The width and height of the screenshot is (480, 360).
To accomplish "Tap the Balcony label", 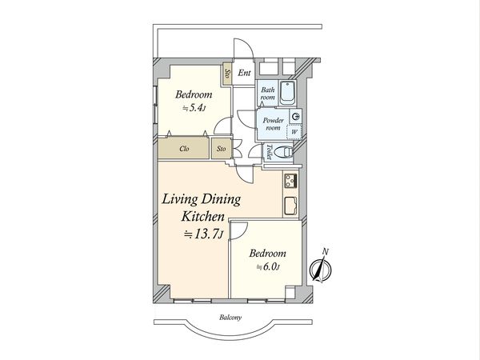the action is tap(230, 318).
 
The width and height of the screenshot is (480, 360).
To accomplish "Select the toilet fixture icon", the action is tap(283, 152).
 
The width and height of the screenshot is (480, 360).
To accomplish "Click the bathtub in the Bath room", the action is tap(287, 92).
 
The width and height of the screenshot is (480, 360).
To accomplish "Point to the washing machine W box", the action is tap(294, 132).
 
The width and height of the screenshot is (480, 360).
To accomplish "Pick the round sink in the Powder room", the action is tap(296, 116).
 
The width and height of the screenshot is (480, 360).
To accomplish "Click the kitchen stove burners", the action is tap(290, 181).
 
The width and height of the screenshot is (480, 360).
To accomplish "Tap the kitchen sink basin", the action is tap(290, 206).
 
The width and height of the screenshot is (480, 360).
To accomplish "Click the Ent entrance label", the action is tap(244, 73).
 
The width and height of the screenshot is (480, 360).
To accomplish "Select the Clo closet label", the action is tap(184, 149).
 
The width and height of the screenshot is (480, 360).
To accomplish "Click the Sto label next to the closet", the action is tap(221, 149).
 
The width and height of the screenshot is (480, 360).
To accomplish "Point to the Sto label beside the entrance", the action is tap(227, 74).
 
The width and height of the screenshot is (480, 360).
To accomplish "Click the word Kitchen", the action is tap(203, 217).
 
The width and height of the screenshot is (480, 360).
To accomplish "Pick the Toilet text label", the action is tap(269, 152).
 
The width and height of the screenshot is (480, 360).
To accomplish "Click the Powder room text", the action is tap(273, 124).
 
